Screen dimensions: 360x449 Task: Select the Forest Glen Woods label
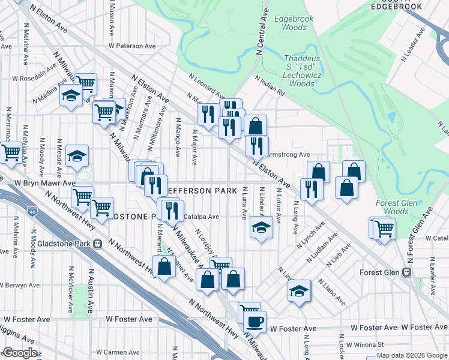tap(396, 207)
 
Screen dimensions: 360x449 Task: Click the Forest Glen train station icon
tap(408, 272)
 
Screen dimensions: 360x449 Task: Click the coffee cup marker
tap(254, 321)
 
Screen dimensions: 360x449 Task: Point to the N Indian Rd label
tap(269, 87)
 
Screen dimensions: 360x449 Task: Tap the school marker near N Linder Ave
tap(261, 227)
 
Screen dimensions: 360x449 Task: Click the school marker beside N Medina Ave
tap(71, 96)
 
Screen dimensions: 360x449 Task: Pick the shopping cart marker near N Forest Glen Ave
tap(383, 228)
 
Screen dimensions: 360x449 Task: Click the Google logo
tap(20, 353)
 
